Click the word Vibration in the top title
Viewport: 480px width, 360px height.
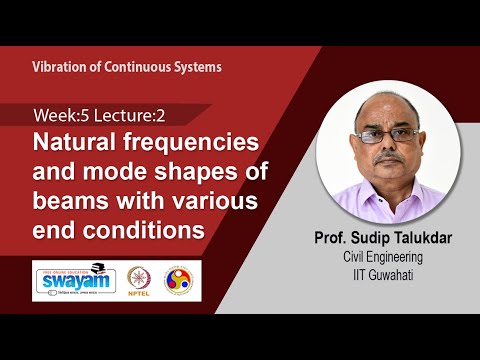click(x=61, y=67)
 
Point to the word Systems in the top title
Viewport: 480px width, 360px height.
click(x=197, y=67)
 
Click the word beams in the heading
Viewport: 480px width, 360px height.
click(x=75, y=200)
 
